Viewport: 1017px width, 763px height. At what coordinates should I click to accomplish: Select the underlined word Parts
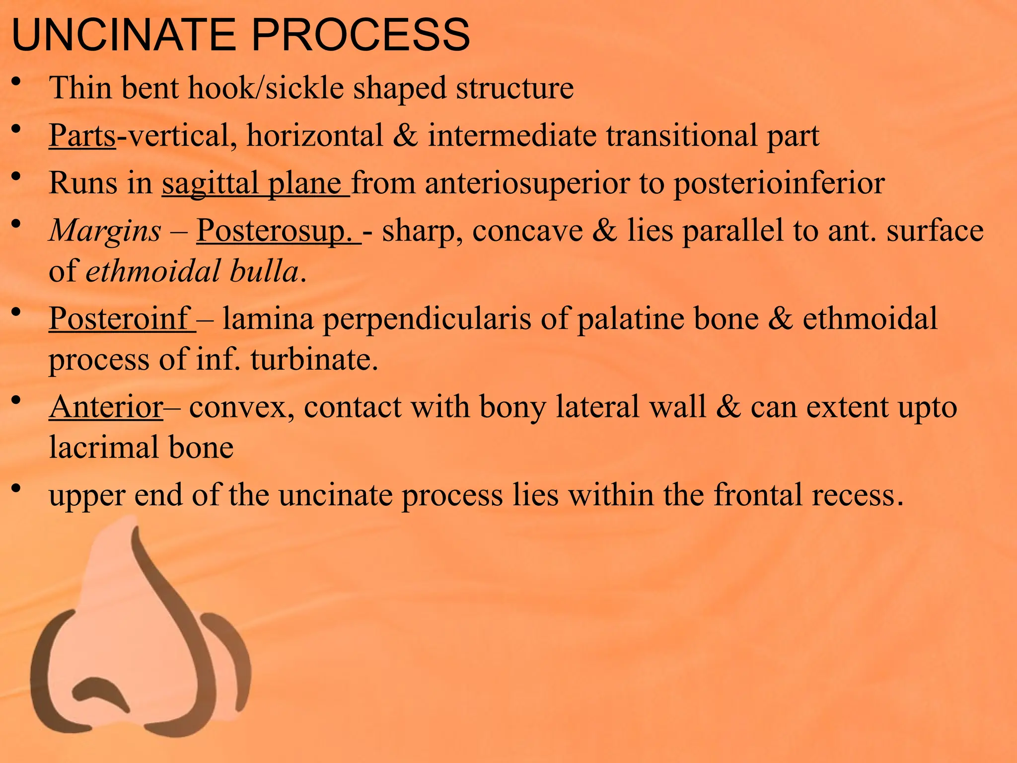(82, 135)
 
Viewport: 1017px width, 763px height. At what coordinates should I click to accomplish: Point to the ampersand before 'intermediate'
(405, 135)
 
